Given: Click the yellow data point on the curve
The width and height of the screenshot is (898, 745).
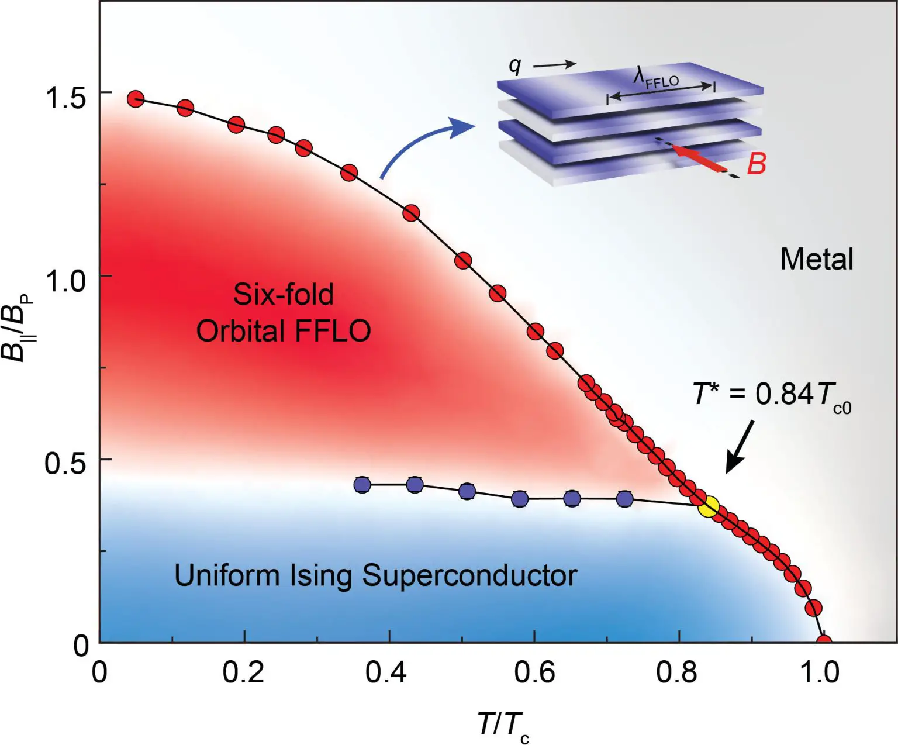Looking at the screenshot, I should point(709,506).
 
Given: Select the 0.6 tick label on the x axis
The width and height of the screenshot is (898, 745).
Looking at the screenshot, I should point(534,672).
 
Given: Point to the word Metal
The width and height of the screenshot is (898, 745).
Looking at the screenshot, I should point(817,259).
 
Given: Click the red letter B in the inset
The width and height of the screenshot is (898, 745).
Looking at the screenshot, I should point(756,164).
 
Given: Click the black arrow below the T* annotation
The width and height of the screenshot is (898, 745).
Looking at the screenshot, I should point(739,448).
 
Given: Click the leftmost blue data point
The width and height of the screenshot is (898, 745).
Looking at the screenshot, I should point(362,485).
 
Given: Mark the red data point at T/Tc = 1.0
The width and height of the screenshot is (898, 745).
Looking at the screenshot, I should point(823,641).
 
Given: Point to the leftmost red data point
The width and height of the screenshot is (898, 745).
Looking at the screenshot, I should point(136,99).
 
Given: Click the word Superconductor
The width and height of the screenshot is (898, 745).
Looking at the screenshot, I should point(469,575).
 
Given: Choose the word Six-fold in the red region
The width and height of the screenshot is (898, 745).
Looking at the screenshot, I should point(284,294).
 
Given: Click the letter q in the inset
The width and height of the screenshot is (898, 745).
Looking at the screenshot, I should point(514,65).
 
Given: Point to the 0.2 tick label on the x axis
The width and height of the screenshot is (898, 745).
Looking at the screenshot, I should point(243,672).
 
